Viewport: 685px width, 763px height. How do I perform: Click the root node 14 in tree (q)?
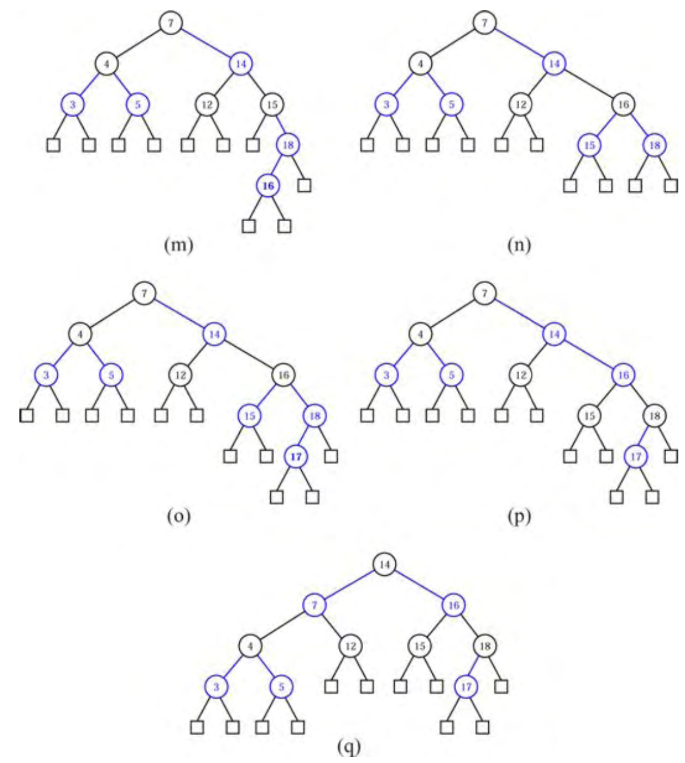(x=384, y=564)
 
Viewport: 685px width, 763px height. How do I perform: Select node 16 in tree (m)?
(x=268, y=186)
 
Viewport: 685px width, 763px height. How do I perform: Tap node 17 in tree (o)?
(x=295, y=456)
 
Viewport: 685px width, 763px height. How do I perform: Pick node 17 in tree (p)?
(x=635, y=456)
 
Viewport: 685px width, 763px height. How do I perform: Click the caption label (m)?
(x=178, y=245)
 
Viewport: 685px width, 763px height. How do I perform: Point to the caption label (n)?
(x=518, y=245)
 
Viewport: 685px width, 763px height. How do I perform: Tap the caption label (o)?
(x=178, y=516)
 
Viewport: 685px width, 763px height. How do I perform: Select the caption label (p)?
(x=518, y=516)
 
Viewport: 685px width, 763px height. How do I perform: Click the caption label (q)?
(x=349, y=747)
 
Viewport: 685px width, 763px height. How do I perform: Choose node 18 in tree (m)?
(x=288, y=145)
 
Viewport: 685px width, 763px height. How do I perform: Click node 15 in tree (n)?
(x=588, y=145)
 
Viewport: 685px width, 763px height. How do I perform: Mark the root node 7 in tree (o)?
(x=144, y=293)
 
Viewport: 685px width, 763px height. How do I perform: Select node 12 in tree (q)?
(x=350, y=646)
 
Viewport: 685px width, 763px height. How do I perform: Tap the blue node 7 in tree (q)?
(x=315, y=605)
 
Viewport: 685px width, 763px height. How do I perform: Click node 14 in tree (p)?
(x=554, y=334)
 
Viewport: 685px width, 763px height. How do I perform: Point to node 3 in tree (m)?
(x=72, y=104)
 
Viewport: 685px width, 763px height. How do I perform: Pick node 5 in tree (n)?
(x=451, y=104)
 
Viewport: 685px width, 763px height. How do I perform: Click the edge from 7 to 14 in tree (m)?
(x=206, y=43)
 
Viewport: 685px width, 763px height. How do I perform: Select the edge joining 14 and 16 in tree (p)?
(x=588, y=355)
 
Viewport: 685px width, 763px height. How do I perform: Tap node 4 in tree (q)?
(x=250, y=646)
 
